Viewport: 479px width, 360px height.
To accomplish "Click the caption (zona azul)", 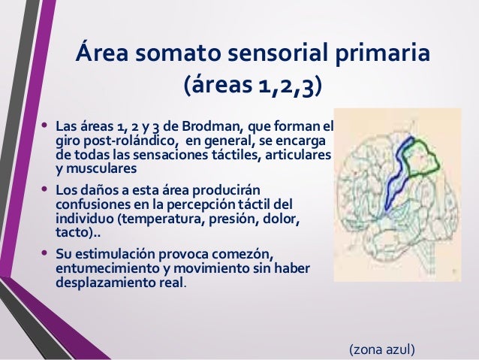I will click(381, 349).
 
